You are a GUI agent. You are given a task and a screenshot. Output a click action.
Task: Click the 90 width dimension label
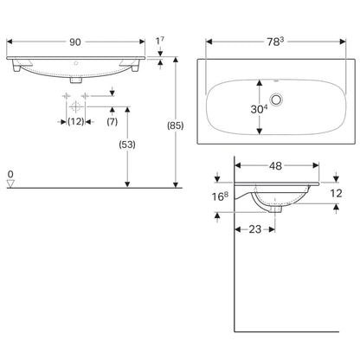75,42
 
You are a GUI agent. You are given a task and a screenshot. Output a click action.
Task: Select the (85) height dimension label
176,125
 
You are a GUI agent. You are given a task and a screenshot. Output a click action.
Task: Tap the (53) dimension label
127,145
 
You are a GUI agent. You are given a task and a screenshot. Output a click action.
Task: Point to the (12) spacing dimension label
76,121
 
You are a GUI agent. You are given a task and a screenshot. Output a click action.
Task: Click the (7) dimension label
112,121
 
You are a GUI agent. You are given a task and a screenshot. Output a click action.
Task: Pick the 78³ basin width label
275,42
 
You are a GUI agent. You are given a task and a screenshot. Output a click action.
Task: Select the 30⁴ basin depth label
259,109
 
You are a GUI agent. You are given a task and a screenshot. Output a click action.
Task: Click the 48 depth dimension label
275,166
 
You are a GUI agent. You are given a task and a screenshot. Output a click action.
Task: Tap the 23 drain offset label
255,229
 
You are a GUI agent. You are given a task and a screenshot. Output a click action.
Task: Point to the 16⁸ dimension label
220,196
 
